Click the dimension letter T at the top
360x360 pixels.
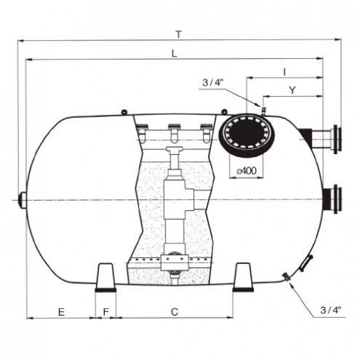point(179,35)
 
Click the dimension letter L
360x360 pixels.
point(175,54)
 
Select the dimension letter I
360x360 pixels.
point(285,72)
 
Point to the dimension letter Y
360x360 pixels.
point(292,90)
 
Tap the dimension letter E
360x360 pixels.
point(61,312)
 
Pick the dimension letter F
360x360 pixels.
point(106,312)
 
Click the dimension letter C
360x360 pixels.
point(175,312)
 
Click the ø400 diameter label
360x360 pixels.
point(247,171)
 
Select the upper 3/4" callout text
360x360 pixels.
point(212,83)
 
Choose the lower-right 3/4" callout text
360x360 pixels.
point(331,310)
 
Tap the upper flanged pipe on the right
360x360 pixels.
point(321,140)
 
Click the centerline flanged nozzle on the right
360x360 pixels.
point(332,199)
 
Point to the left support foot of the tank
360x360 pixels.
point(105,277)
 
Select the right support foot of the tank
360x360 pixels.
point(243,277)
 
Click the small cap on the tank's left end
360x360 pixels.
point(23,200)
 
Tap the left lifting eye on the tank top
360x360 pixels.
point(124,112)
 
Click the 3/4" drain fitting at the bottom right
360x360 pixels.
point(287,277)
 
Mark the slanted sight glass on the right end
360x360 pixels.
point(306,263)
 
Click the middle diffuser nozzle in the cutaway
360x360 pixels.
point(174,133)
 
